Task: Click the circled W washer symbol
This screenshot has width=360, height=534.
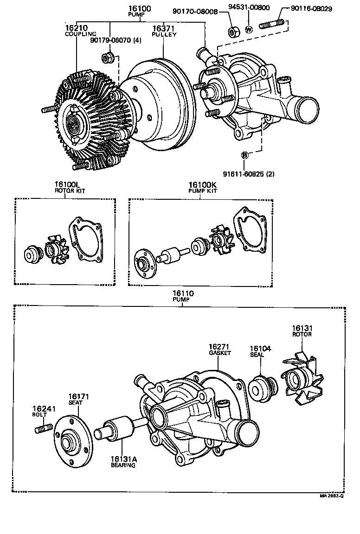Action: pos(248,29)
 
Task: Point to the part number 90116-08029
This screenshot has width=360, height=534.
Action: pos(311,9)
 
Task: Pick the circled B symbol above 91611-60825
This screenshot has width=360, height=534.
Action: pos(244,155)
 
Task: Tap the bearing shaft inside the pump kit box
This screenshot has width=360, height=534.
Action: pos(172,254)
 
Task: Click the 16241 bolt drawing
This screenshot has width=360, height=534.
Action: pos(42,429)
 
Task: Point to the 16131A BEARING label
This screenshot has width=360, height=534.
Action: pos(123,462)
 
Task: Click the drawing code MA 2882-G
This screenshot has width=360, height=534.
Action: pos(331,496)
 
